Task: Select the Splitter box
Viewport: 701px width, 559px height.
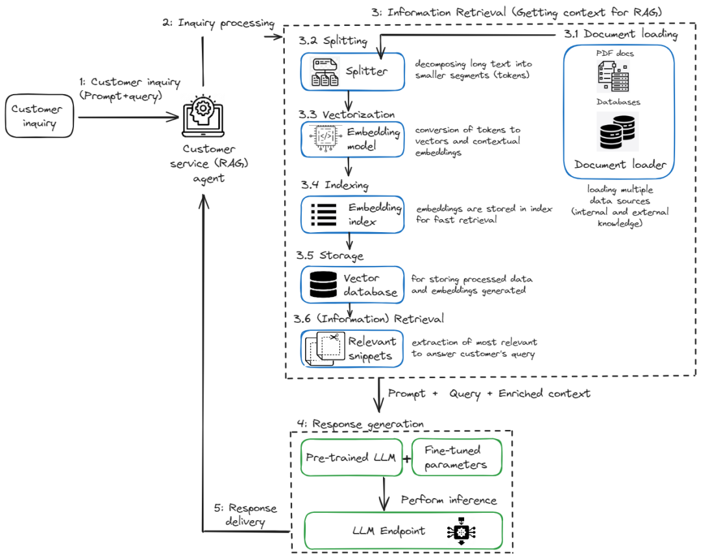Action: coord(352,71)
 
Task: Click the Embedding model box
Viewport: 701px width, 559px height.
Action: coord(352,139)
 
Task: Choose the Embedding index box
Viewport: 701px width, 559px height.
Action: coord(352,214)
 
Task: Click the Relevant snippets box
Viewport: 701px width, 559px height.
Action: coord(352,348)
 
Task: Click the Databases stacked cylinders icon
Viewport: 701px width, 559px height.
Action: coord(617,132)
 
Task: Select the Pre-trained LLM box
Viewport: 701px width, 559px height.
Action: coord(352,457)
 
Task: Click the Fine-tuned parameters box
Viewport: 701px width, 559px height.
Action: coord(457,457)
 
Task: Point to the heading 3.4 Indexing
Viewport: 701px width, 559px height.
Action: coord(334,185)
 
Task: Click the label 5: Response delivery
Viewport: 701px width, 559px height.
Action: coord(241,515)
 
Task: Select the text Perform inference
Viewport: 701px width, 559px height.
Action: coord(449,500)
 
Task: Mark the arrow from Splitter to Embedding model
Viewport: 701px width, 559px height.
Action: coord(351,100)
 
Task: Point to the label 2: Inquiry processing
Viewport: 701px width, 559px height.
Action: coord(218,23)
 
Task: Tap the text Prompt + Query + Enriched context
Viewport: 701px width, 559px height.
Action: coord(489,394)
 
